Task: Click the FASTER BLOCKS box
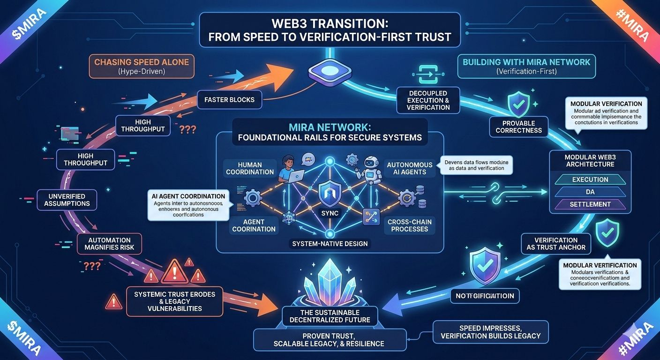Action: [229, 99]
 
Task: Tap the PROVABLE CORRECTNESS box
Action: [518, 127]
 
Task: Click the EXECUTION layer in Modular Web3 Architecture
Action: [590, 180]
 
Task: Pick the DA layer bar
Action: [590, 192]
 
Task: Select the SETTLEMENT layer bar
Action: [590, 204]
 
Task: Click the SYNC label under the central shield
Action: [329, 213]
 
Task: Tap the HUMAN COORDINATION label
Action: [250, 168]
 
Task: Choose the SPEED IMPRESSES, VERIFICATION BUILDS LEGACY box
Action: [490, 332]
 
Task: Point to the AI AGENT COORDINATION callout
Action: [188, 205]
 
